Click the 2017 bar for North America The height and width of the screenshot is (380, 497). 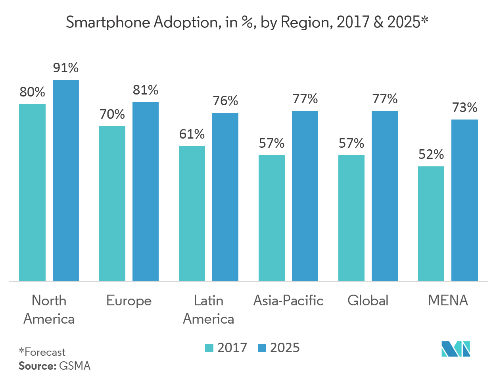pos(32,193)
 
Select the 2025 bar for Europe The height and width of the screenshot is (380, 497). pos(146,191)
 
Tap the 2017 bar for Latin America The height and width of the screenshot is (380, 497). pos(192,214)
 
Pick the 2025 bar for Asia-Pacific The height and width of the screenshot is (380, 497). pos(305,196)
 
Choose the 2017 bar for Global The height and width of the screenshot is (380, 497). pos(351,218)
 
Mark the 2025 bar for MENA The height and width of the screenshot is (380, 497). pos(464,200)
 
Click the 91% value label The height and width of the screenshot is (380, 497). pos(66,68)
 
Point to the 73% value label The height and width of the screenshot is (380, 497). pos(464,108)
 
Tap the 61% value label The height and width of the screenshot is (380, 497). pos(192,134)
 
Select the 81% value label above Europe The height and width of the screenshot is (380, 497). pos(146,91)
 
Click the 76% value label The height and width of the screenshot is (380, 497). pos(225,101)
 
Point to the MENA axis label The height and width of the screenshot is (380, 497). pos(448,301)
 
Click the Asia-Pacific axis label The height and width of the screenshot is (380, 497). pos(288,301)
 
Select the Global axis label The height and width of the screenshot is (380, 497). pos(368,301)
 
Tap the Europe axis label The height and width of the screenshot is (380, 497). pos(129,301)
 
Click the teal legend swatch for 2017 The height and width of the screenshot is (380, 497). pos(209,348)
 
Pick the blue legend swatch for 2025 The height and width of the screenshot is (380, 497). pos(261,348)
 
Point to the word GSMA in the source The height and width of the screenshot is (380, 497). pos(75,366)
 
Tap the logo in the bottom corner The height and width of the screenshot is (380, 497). pos(456,349)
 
